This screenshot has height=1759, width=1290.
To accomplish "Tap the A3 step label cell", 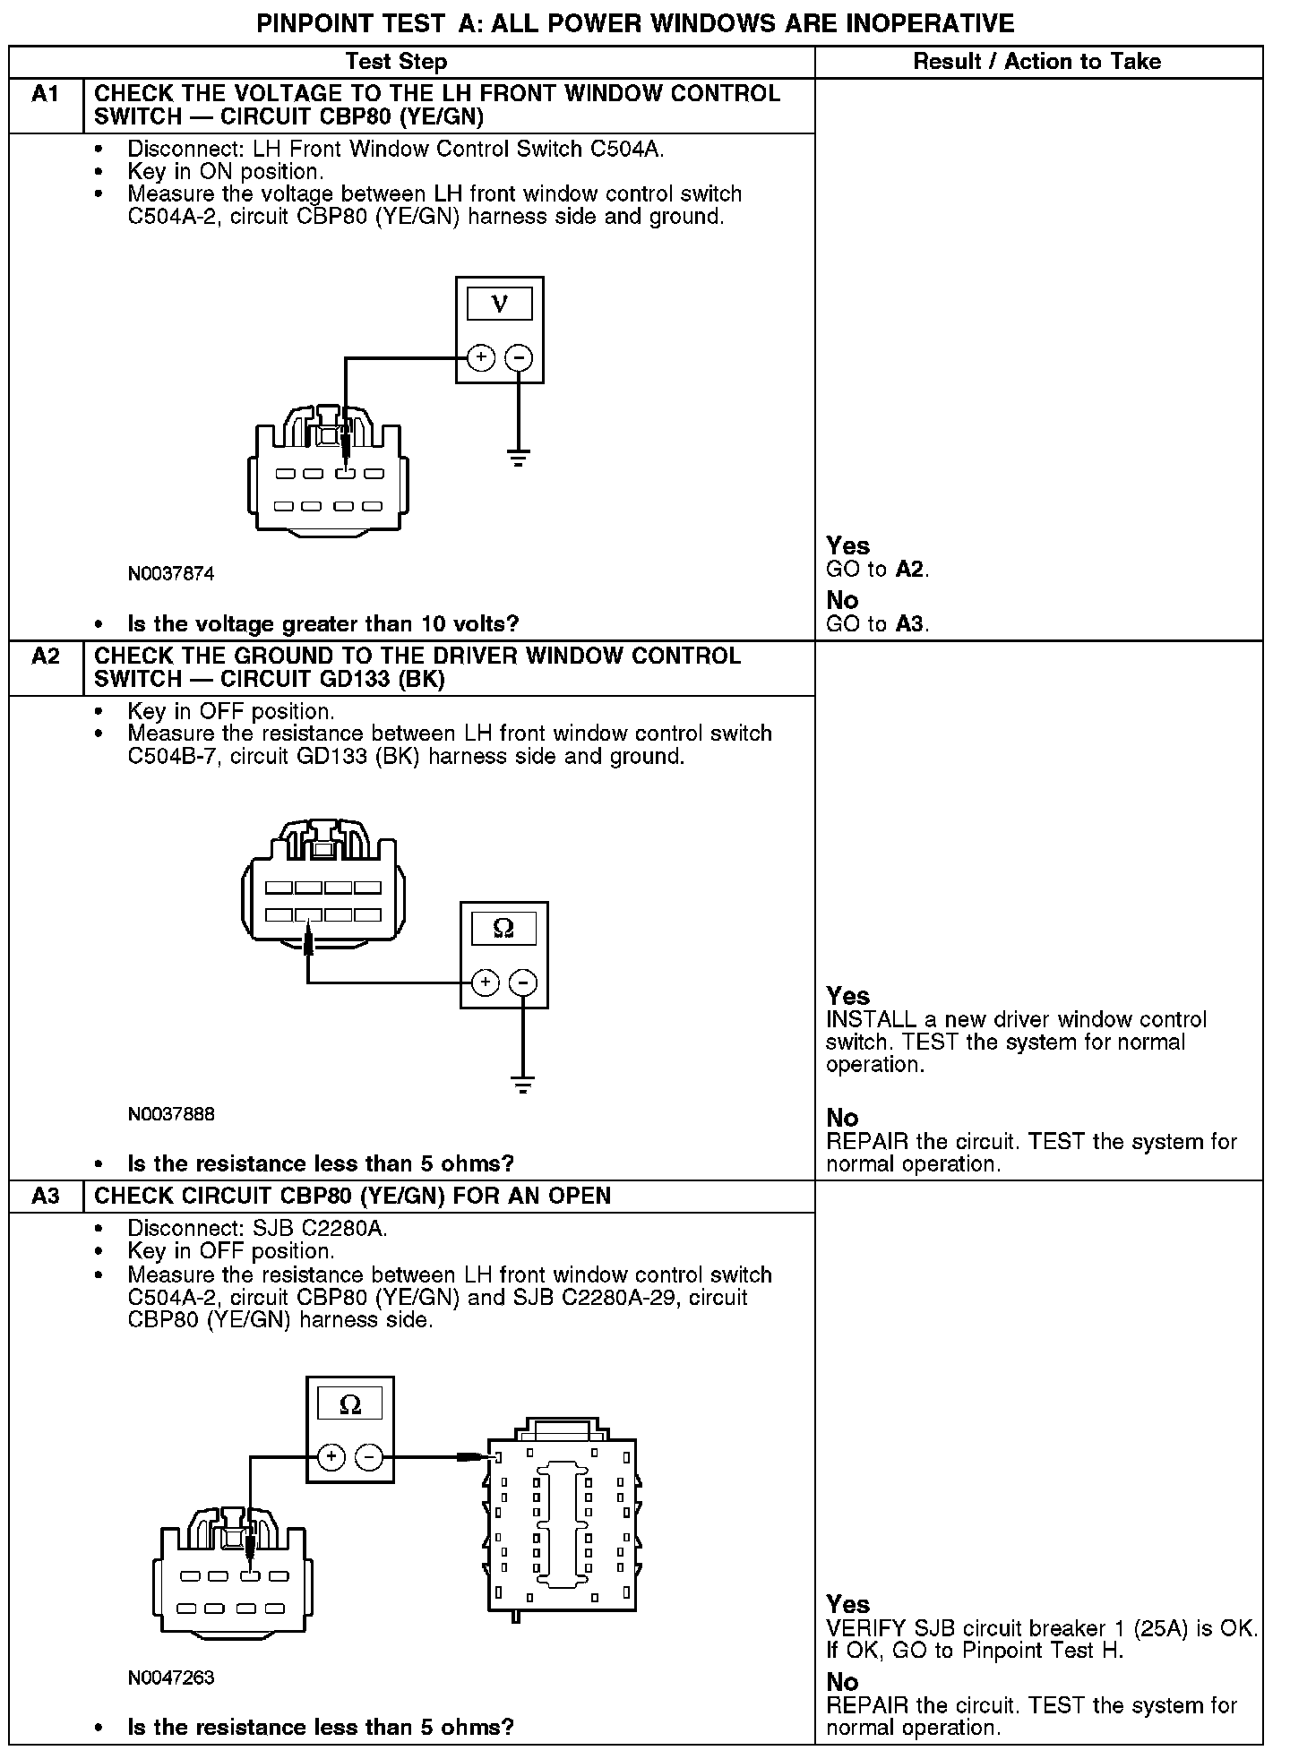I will [45, 1197].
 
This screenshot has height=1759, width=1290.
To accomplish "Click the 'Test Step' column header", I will [396, 62].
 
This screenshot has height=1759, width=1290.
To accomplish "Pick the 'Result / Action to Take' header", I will [1037, 62].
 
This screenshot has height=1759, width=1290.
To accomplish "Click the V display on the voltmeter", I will [500, 304].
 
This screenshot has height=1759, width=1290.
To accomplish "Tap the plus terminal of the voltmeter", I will [481, 358].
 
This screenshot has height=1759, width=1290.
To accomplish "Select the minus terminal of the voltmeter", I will [519, 358].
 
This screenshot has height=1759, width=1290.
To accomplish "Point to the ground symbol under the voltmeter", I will [519, 459].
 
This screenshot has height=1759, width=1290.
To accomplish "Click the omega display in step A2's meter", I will [503, 929].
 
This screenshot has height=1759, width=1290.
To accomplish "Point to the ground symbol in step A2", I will [523, 1085].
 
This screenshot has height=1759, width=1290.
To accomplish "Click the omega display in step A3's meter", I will [350, 1404].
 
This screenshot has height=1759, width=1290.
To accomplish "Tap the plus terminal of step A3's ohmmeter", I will [331, 1457].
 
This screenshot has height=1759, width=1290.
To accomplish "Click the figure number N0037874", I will [171, 573].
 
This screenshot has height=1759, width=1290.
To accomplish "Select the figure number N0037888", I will [171, 1114].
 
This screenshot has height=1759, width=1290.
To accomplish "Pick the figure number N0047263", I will [171, 1677].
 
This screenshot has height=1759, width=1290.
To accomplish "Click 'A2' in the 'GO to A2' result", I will [909, 570].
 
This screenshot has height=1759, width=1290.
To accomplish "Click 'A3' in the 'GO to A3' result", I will [909, 624].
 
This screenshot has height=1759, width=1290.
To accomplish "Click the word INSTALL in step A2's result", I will [858, 1019].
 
